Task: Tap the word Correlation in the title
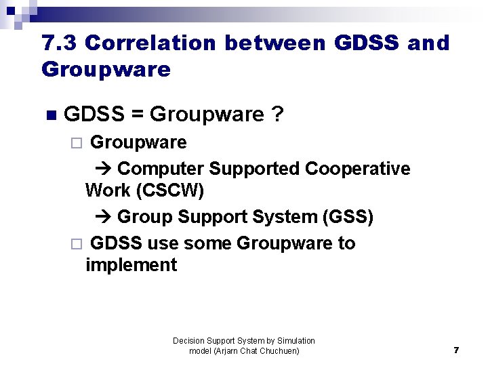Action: pyautogui.click(x=150, y=43)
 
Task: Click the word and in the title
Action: pyautogui.click(x=428, y=43)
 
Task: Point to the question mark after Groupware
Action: pyautogui.click(x=277, y=115)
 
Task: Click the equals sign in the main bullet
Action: pyautogui.click(x=137, y=115)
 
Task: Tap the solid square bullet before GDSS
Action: pyautogui.click(x=47, y=115)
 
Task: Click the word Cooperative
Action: pyautogui.click(x=358, y=168)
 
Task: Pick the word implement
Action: pyautogui.click(x=131, y=265)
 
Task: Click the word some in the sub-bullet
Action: pyautogui.click(x=208, y=243)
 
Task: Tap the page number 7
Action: pyautogui.click(x=456, y=350)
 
